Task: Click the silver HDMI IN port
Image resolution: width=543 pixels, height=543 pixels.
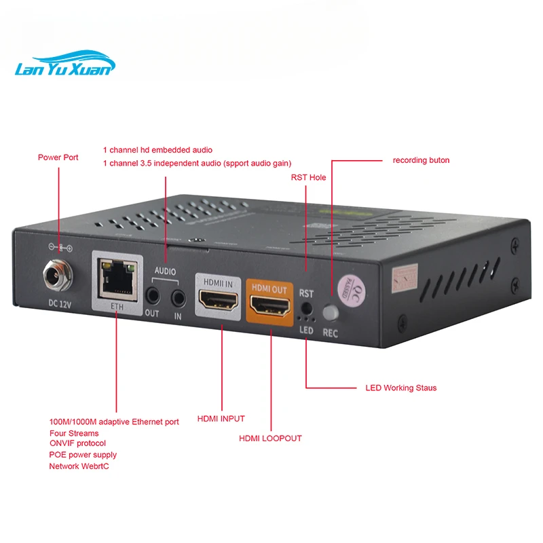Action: coord(218,297)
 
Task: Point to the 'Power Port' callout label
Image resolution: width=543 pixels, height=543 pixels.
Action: coord(58,157)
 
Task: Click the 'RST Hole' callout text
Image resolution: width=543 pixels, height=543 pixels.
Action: coord(308,177)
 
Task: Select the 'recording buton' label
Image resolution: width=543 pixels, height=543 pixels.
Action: coord(421,161)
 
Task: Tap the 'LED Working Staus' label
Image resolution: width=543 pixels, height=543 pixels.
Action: coord(400,388)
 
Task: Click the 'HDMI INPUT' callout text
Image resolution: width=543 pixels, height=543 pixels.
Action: coord(221,419)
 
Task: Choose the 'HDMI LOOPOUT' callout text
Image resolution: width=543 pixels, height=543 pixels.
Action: coord(270,438)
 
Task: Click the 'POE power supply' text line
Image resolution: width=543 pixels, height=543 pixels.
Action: coord(83,455)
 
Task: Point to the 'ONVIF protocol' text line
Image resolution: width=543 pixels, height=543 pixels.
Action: coord(77,443)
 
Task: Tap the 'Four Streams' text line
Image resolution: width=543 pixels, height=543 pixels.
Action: coord(74,433)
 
